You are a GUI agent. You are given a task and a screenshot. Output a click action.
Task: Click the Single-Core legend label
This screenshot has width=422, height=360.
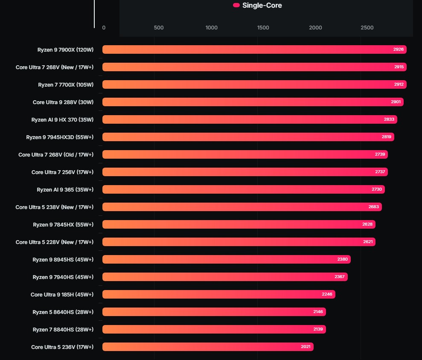[x=262, y=6]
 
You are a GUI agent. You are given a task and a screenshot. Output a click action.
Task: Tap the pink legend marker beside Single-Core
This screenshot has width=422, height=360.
[x=236, y=6]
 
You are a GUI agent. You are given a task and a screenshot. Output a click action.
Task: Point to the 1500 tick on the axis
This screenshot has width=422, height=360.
[x=263, y=28]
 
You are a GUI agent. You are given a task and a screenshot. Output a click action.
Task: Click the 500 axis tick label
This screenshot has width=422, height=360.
[x=159, y=28]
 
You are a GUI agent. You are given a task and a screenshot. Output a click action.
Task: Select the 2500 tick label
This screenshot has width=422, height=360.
[x=367, y=28]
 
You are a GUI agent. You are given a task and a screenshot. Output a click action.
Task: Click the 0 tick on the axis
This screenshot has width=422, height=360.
[x=104, y=28]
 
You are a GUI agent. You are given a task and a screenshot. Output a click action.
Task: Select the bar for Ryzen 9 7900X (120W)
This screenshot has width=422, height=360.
[x=254, y=49]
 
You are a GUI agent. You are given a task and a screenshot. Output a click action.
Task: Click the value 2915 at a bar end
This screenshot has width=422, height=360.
[x=399, y=67]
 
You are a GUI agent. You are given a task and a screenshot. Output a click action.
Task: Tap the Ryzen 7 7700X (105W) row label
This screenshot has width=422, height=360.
[x=66, y=84]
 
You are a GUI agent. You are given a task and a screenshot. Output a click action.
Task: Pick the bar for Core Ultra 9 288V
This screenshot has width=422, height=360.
[x=253, y=102]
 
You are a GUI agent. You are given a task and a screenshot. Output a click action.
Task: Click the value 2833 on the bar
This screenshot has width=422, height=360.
[x=389, y=119]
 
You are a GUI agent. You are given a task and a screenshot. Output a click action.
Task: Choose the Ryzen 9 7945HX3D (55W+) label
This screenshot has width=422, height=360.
[x=60, y=137]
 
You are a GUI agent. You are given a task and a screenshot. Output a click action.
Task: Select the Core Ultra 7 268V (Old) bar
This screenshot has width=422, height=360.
[x=245, y=154]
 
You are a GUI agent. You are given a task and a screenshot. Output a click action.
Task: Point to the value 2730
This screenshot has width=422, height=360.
[x=377, y=189]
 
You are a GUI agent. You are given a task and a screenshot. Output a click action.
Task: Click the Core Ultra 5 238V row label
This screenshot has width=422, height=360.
[x=55, y=207]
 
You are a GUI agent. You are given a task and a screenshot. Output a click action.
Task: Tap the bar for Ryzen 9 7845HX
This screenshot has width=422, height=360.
[x=239, y=224]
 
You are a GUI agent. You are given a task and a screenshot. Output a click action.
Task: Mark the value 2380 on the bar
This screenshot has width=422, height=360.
[x=342, y=259]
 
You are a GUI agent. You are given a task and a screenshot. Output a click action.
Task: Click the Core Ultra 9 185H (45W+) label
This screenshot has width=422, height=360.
[x=62, y=294]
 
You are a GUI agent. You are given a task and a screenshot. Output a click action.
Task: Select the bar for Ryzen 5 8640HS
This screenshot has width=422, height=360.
[x=214, y=312]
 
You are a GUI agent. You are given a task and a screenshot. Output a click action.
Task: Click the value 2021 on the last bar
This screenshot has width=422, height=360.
[x=306, y=347]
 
